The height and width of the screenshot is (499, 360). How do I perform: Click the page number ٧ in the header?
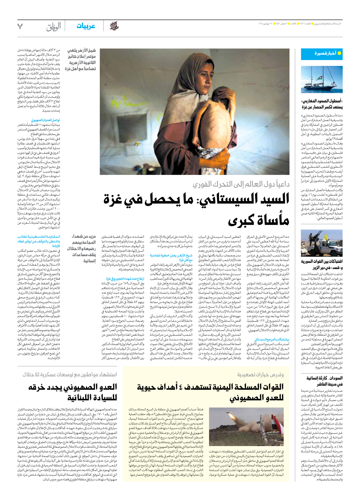click(20, 26)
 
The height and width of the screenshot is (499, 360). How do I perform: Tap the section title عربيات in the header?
click(86, 26)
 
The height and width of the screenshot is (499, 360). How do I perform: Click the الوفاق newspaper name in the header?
click(54, 27)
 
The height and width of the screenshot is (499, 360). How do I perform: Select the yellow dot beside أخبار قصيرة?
click(339, 53)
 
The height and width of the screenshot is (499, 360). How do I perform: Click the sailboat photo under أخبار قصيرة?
click(322, 79)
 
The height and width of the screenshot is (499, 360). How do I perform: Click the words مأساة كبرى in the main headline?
click(258, 220)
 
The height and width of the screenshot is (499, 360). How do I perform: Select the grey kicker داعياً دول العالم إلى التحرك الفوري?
click(241, 184)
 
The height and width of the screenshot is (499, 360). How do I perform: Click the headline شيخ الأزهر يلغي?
click(82, 51)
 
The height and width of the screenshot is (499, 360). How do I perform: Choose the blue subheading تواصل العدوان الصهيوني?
click(46, 120)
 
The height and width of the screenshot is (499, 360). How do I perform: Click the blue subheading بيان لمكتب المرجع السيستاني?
click(272, 340)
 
